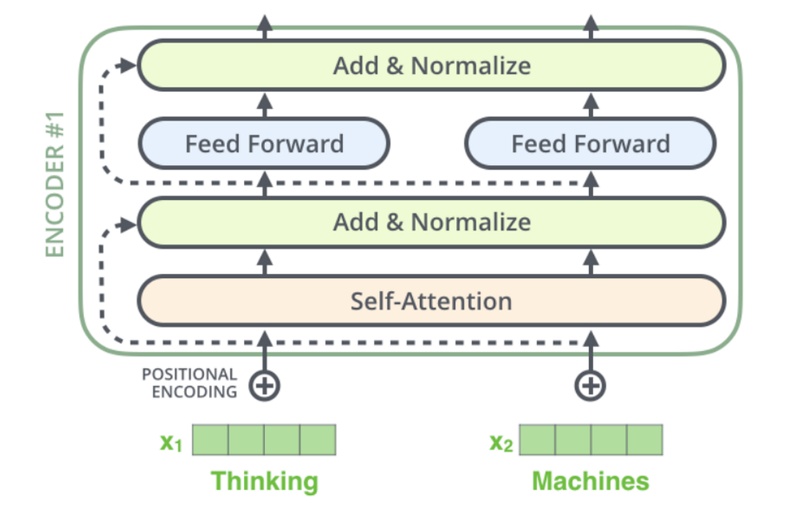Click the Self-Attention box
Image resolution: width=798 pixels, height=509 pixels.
[x=432, y=301]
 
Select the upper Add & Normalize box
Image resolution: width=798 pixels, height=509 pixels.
[x=432, y=65]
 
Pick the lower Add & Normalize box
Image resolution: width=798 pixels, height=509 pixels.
[x=432, y=223]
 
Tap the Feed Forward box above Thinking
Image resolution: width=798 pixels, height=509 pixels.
[x=264, y=143]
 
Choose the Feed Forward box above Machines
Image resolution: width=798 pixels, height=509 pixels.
[x=591, y=143]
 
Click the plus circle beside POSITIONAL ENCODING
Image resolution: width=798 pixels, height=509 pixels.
[x=264, y=385]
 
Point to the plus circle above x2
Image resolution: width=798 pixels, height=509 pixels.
[x=591, y=385]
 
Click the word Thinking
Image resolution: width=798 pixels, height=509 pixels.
[x=265, y=481]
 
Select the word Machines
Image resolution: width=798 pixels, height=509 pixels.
[x=591, y=481]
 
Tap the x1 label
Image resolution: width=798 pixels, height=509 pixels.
[x=171, y=442]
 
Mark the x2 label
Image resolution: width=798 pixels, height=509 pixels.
[x=501, y=442]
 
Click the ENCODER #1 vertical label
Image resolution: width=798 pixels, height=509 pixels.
[x=55, y=184]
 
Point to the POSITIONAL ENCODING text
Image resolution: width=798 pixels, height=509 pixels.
[x=189, y=383]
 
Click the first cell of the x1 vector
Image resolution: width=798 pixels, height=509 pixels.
[x=210, y=440]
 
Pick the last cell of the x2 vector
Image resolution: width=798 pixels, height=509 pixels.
[x=644, y=440]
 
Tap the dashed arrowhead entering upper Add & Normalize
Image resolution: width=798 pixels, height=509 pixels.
[x=127, y=65]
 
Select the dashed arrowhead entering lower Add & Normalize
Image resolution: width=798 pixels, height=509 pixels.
[x=127, y=224]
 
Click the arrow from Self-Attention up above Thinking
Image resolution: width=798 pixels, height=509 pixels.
[x=264, y=262]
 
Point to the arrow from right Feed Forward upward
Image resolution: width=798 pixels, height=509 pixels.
[x=591, y=105]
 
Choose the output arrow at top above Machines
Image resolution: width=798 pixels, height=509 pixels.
[x=591, y=27]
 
